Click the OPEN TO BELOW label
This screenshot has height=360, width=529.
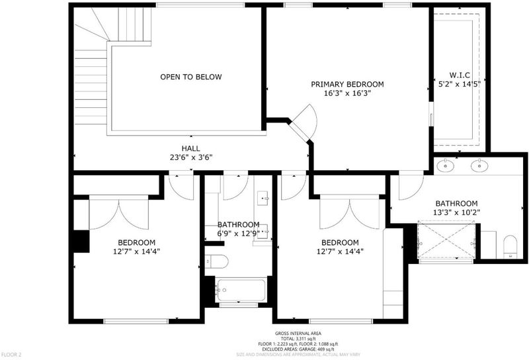coord(191,77)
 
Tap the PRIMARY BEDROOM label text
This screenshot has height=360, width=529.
coord(347,84)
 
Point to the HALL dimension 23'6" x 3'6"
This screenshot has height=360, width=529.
coord(191,157)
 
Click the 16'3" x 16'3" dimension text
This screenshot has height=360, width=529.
coord(348,93)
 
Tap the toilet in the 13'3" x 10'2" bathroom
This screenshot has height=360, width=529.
coord(510,247)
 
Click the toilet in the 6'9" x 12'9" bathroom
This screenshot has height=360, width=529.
coord(217,261)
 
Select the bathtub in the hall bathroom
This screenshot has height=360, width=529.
coord(240,290)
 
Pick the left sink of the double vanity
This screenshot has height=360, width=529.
coord(445,165)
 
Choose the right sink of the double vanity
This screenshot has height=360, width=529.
coord(479,165)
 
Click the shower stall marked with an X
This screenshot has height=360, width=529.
coord(446,240)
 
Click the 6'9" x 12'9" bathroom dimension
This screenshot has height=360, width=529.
coord(238,234)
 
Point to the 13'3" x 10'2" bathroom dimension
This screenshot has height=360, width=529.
coord(456,212)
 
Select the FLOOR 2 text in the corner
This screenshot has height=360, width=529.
coord(11,355)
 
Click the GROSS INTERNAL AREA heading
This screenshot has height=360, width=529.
coord(298,334)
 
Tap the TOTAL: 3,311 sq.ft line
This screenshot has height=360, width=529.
coord(298,339)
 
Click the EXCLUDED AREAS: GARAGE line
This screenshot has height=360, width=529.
coord(298,349)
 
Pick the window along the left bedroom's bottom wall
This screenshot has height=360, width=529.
coord(136,321)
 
